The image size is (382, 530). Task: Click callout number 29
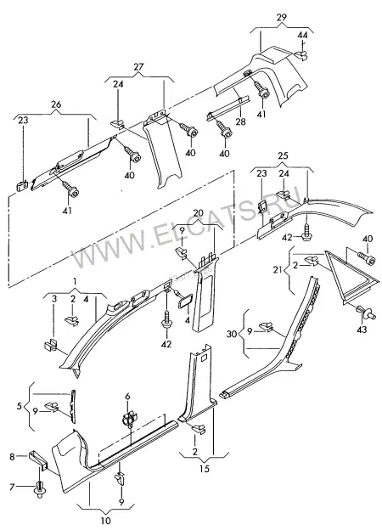281,17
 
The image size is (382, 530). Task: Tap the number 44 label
302,35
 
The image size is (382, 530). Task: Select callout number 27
139,66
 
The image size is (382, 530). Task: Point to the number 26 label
56,104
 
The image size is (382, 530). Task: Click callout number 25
283,155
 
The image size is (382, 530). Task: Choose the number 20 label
199,213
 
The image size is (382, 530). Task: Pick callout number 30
232,335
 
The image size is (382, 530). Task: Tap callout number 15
205,469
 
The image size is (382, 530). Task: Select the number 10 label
106,521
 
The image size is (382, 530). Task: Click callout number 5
19,406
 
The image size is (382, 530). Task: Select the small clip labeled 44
301,54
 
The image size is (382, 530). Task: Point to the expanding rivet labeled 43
365,312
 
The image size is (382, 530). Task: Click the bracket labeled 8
38,459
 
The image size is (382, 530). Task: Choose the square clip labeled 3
51,345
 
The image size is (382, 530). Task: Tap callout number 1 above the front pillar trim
75,281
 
